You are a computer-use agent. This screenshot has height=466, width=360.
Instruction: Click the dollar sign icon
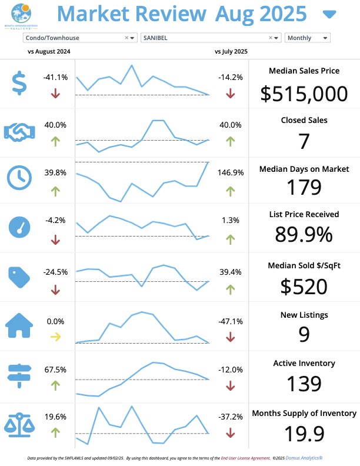[19, 83]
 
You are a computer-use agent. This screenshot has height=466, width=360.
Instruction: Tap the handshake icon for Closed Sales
[21, 132]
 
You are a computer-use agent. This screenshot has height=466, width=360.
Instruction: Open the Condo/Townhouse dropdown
[80, 38]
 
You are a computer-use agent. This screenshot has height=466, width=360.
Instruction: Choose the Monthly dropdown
[307, 38]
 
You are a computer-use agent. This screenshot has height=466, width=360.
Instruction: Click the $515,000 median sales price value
[304, 94]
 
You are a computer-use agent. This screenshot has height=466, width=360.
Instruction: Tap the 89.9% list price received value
[304, 234]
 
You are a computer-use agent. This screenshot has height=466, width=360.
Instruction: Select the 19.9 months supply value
[304, 434]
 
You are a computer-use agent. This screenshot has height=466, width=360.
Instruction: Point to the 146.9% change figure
[230, 172]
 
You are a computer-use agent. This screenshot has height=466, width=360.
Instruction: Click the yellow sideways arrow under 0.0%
[55, 337]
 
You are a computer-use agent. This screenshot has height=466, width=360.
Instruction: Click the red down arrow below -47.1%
[230, 337]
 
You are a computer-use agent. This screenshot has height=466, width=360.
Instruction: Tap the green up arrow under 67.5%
[55, 385]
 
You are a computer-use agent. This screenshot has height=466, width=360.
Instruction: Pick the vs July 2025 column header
[231, 51]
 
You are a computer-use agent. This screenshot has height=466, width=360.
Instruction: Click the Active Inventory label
[304, 363]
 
